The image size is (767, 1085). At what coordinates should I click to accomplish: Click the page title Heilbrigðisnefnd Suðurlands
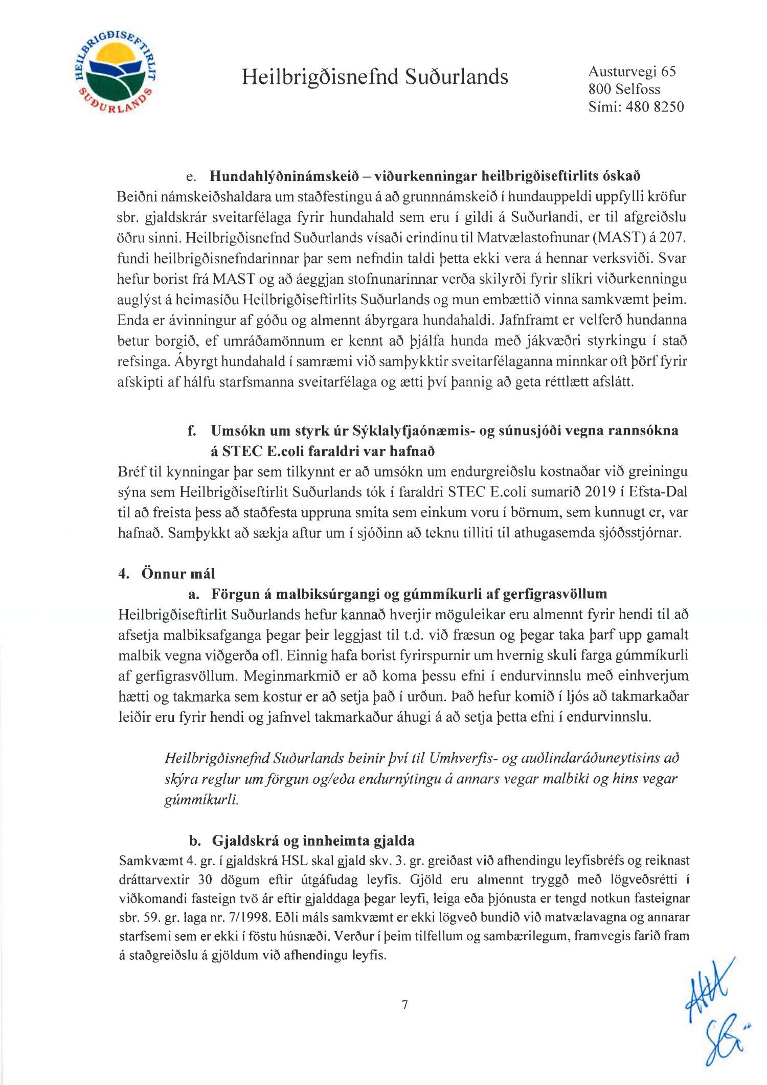[375, 77]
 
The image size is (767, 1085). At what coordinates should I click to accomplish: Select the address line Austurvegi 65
[631, 72]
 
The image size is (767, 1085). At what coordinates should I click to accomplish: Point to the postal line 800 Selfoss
[624, 89]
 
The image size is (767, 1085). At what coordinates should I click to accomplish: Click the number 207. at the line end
[673, 238]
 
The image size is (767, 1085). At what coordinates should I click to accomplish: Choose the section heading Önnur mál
[178, 573]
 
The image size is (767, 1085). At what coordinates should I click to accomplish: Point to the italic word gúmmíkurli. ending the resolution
[201, 799]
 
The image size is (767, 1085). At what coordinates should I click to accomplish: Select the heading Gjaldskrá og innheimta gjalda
[312, 841]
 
